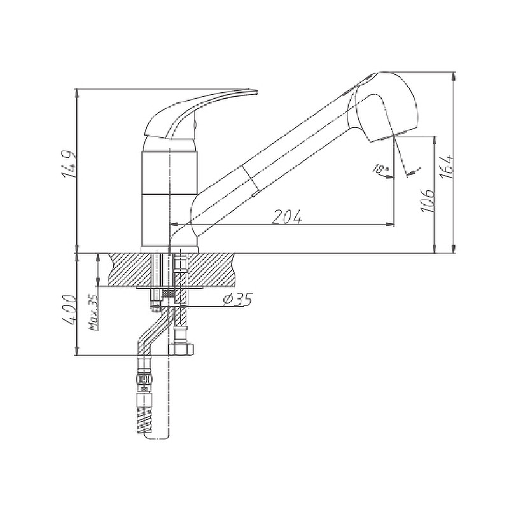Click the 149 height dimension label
click(69, 164)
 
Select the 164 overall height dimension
click(447, 167)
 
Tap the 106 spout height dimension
click(428, 200)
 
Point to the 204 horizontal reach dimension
click(287, 216)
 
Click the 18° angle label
click(381, 169)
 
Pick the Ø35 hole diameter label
click(237, 299)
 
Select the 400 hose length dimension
click(69, 310)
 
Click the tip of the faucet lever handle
click(257, 92)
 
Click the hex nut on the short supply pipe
click(181, 349)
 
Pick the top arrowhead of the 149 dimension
click(77, 93)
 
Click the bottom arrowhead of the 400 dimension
click(77, 351)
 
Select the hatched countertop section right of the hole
click(211, 270)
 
